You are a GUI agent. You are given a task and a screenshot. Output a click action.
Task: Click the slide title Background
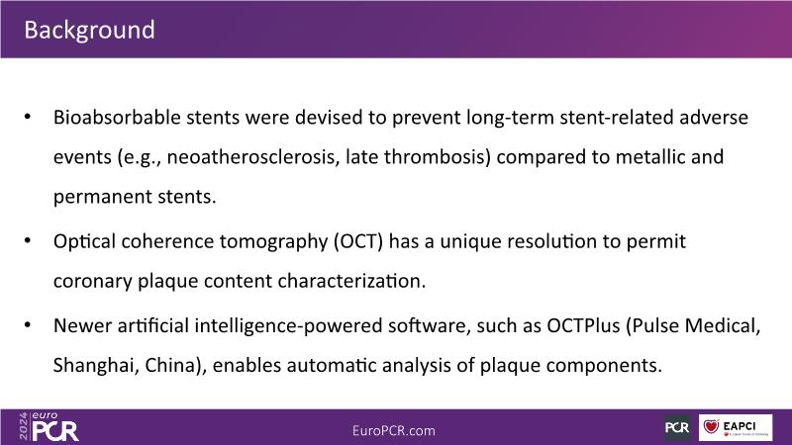(x=89, y=30)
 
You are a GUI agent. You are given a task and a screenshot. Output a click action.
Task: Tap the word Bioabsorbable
(x=117, y=117)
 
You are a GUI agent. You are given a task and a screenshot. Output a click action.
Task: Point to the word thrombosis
(x=438, y=157)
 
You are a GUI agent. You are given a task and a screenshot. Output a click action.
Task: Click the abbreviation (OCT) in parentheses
(x=358, y=241)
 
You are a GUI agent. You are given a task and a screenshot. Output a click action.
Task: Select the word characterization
(x=351, y=281)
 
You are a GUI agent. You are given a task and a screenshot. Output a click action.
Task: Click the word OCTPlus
(x=583, y=325)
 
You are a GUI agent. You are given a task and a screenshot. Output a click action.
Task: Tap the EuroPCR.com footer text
(x=393, y=431)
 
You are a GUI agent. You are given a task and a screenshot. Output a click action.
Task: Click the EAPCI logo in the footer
(x=736, y=428)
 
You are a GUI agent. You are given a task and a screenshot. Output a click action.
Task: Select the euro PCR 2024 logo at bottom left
(x=49, y=427)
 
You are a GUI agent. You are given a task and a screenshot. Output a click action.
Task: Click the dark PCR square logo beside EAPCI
(x=677, y=427)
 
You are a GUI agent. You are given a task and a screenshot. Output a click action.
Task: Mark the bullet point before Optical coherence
(x=28, y=240)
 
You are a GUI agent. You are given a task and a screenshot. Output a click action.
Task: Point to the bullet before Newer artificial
(x=28, y=325)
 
